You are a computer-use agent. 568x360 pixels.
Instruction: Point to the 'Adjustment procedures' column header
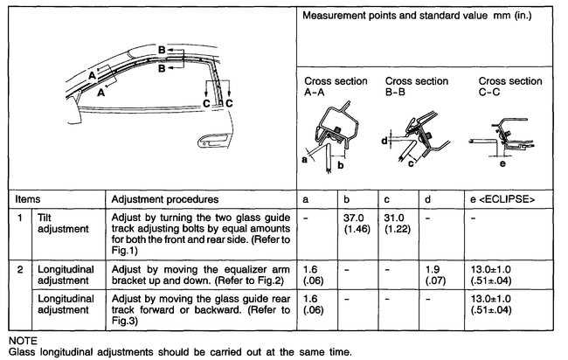coord(163,200)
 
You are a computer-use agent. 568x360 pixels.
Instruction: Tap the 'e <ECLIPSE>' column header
coord(504,200)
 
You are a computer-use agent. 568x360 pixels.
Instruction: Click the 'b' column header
coord(346,200)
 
